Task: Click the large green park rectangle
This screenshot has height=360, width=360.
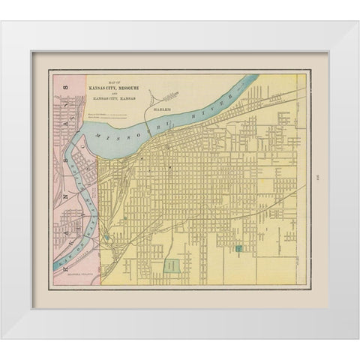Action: click(x=173, y=266)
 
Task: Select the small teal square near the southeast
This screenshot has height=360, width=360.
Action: click(x=238, y=247)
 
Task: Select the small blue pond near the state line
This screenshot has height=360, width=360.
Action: click(x=106, y=239)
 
